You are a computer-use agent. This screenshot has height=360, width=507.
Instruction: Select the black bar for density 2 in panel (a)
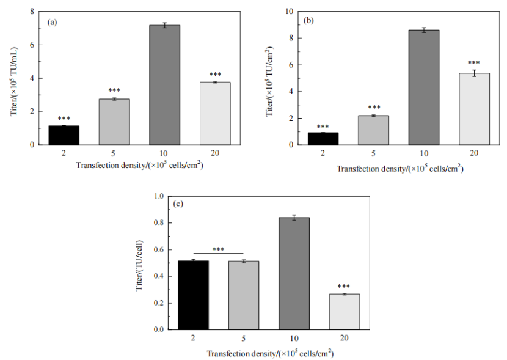tap(64, 135)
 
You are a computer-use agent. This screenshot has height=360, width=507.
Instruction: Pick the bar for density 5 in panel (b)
tap(374, 130)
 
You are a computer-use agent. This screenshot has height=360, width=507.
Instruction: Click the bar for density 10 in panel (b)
tap(424, 87)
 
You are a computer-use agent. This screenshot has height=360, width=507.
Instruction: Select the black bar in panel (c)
tap(193, 295)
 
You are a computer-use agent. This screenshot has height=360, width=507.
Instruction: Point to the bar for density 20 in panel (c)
tap(345, 312)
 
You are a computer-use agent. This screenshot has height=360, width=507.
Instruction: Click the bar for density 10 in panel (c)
tap(294, 273)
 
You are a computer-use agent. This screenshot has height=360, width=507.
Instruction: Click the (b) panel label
tap(309, 20)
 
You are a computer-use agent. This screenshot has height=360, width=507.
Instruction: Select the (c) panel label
tap(178, 204)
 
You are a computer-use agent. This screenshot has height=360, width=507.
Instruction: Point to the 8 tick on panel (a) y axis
tap(30, 11)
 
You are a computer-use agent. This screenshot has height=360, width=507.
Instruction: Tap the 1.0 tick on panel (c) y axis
tap(160, 196)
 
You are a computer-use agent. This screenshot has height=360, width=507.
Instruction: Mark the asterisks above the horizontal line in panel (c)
tap(218, 249)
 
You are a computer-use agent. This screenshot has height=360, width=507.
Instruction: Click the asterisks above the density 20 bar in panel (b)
tap(473, 63)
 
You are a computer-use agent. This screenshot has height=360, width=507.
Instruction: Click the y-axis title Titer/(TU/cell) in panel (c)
tap(140, 263)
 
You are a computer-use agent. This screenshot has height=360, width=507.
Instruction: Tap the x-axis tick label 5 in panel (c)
tap(243, 338)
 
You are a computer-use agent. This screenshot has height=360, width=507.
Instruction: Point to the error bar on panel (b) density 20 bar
tap(474, 73)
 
